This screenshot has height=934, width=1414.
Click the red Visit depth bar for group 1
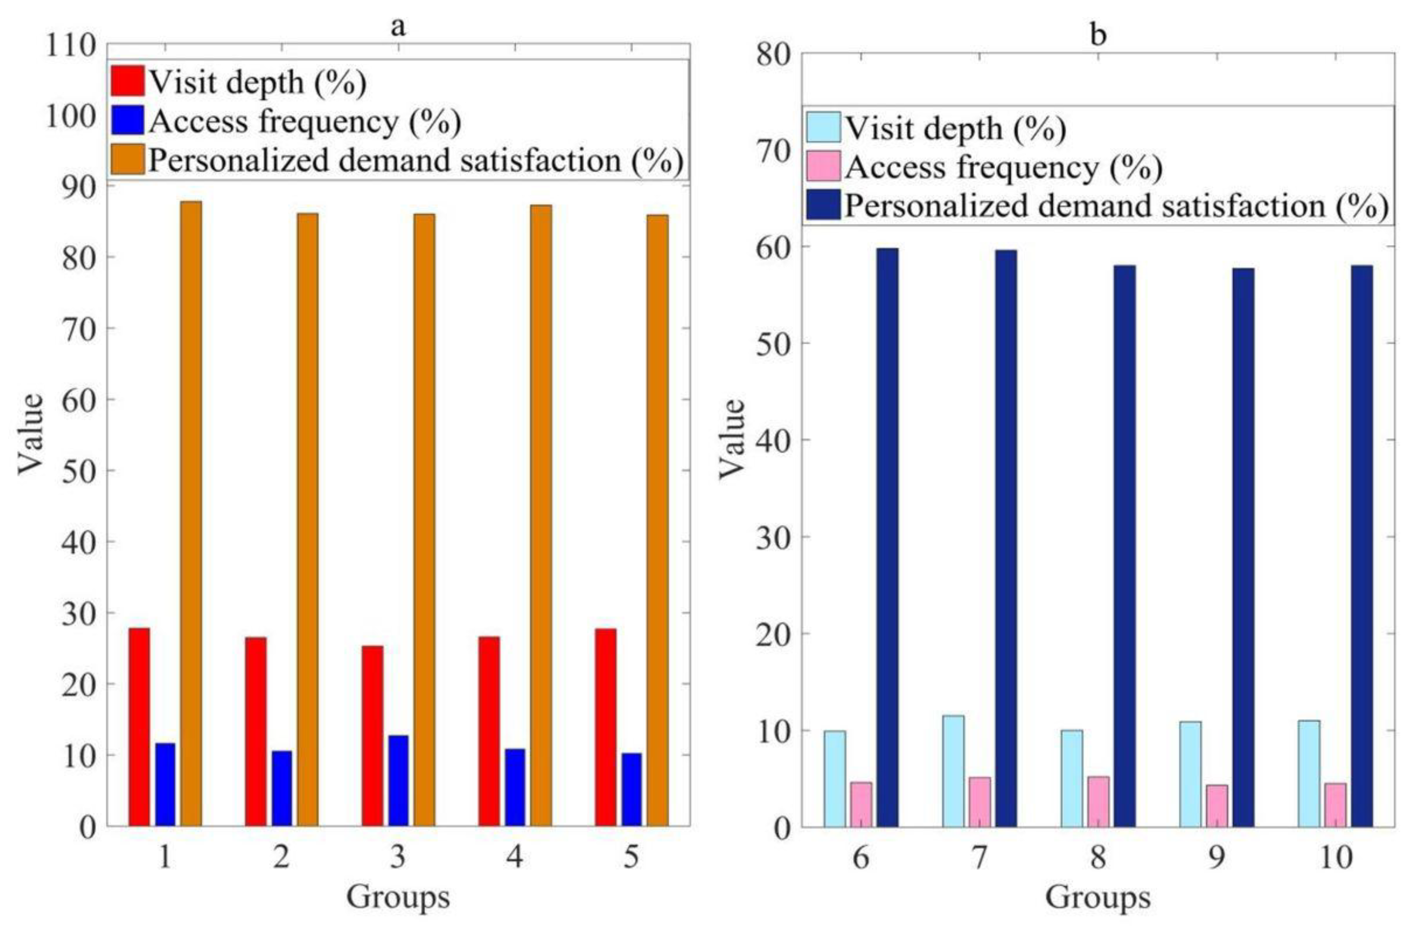pos(139,727)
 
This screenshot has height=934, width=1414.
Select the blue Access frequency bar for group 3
pos(399,780)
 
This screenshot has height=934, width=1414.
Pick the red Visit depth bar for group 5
pos(605,727)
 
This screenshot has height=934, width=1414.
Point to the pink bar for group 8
pos(1098,801)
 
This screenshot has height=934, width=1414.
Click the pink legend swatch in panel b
pos(823,166)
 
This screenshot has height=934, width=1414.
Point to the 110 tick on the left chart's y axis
pos(70,45)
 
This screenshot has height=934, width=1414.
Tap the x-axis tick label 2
pos(281,858)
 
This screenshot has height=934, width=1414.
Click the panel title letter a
pos(398,26)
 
